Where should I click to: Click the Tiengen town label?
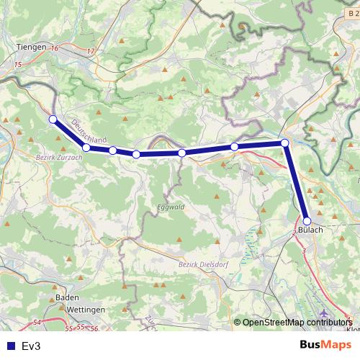click(30, 47)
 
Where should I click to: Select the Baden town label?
click(66, 297)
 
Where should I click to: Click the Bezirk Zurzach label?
click(54, 156)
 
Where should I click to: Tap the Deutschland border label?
click(89, 130)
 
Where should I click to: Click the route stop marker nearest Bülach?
click(307, 221)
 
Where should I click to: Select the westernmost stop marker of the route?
click(53, 120)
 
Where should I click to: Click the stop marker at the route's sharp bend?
click(285, 143)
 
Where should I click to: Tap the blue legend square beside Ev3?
click(9, 346)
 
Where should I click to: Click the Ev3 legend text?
click(32, 346)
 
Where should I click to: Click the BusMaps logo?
click(321, 345)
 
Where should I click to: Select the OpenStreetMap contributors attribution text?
click(297, 322)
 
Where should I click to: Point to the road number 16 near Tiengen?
click(55, 48)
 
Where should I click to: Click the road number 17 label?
click(90, 51)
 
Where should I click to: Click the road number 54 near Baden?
click(37, 322)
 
